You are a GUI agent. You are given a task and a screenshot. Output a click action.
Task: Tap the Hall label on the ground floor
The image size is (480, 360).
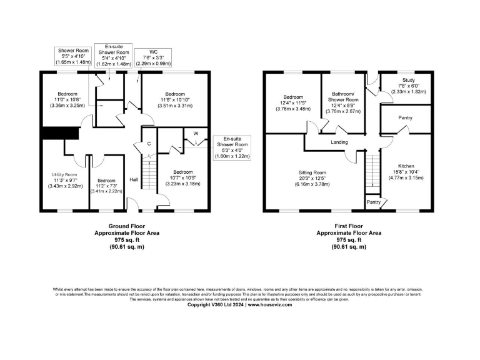[x=133, y=180]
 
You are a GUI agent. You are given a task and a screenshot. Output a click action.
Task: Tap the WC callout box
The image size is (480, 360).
[x=153, y=57]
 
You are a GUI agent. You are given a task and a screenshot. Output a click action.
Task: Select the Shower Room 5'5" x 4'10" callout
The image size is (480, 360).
[x=74, y=56]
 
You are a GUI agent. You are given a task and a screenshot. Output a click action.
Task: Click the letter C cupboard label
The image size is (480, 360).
[x=149, y=143]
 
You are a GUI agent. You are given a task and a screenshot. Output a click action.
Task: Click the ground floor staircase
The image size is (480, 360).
[x=149, y=175]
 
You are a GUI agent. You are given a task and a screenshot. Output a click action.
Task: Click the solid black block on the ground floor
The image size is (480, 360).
[x=59, y=134]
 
